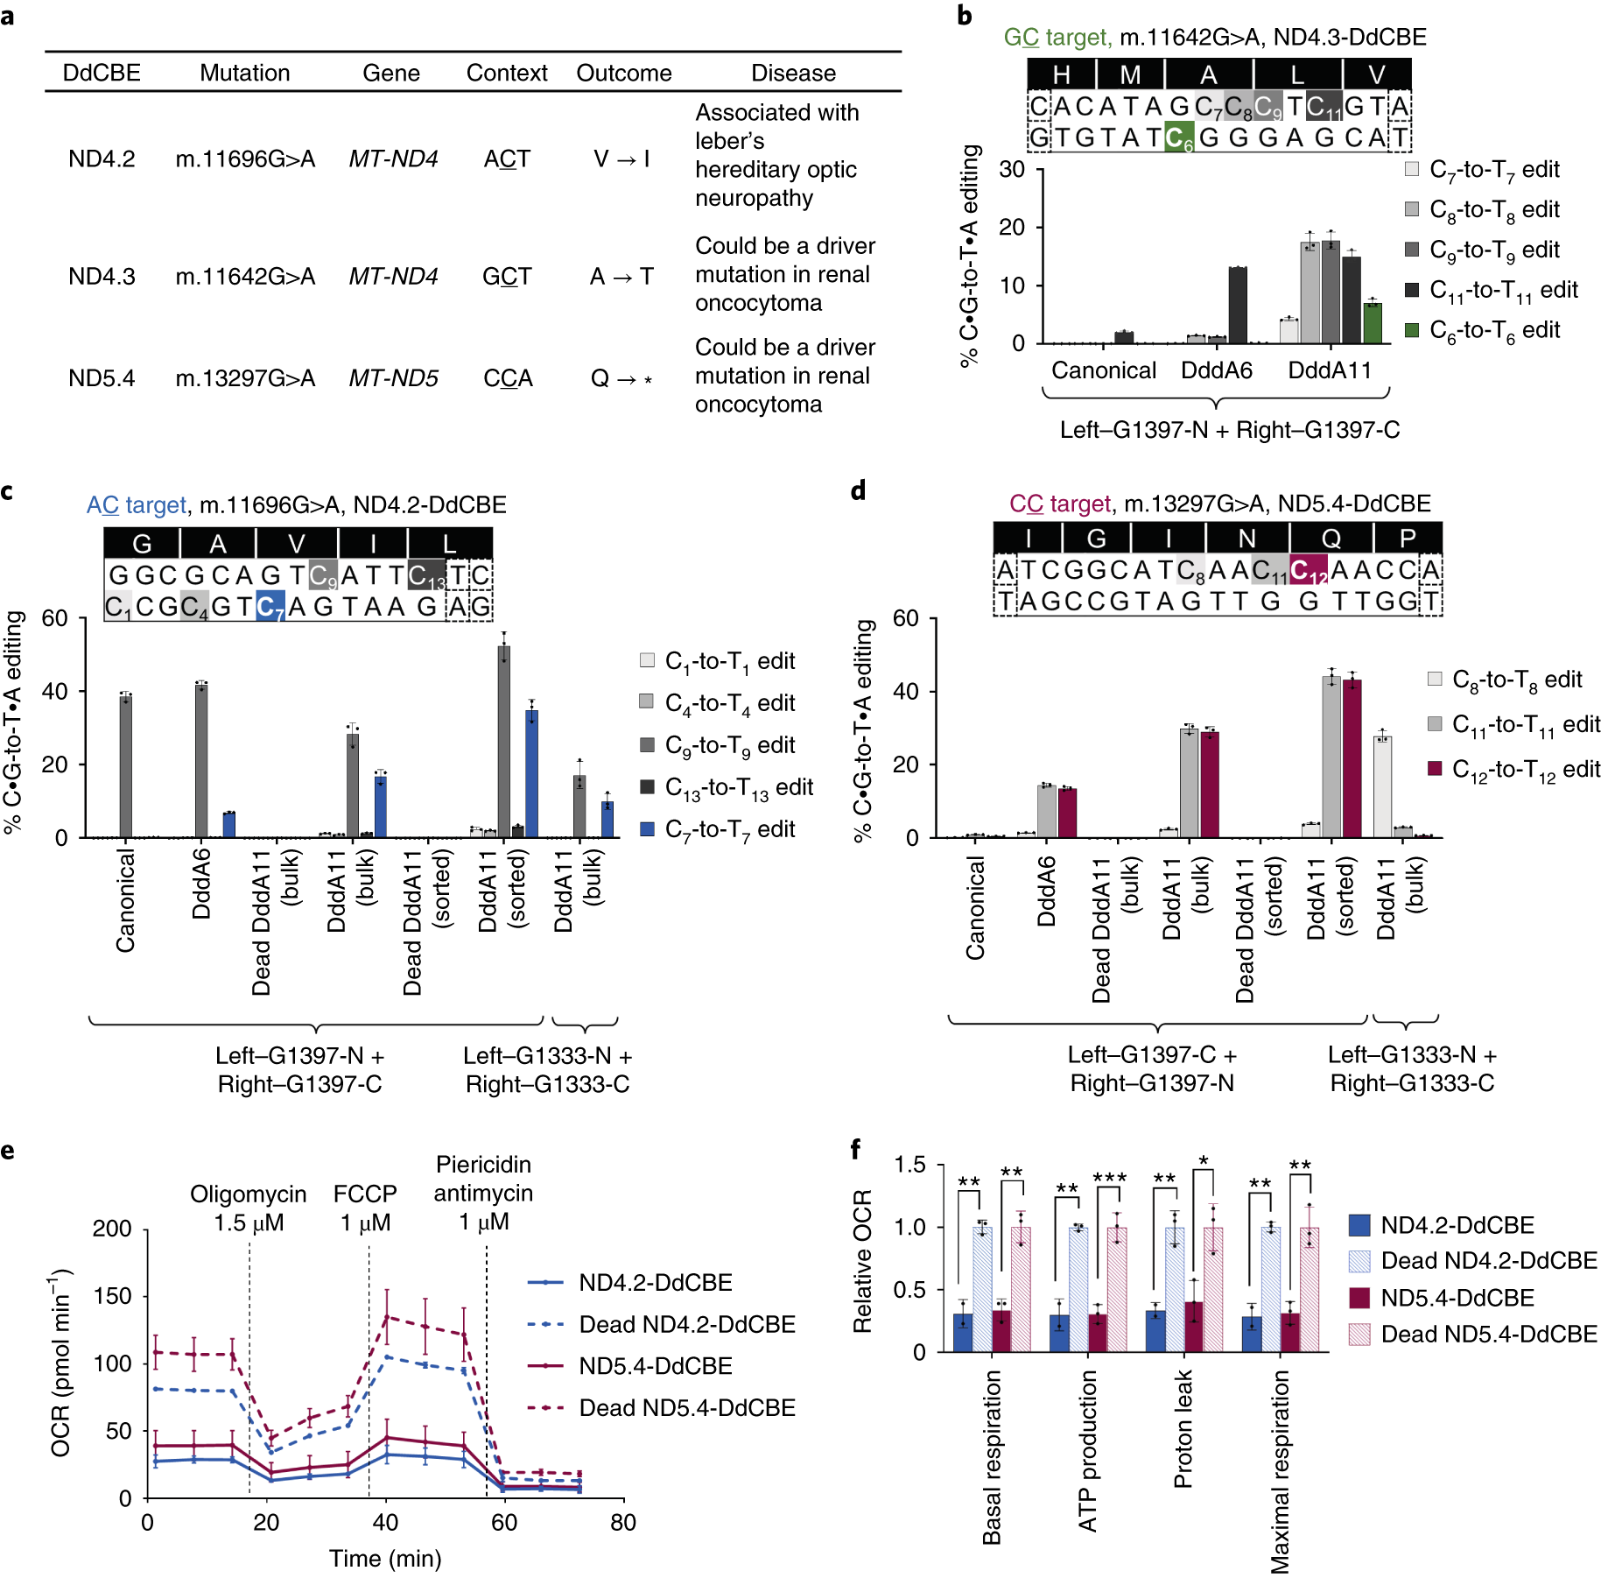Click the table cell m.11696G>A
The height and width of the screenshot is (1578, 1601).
245,159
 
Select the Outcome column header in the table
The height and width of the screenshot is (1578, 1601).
623,73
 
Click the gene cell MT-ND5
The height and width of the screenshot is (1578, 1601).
393,378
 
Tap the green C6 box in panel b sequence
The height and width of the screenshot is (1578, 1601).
1179,137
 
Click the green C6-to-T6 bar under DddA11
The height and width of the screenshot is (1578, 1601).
1372,322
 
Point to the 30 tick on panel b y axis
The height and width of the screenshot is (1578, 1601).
1012,169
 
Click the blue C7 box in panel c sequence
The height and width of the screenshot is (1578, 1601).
270,606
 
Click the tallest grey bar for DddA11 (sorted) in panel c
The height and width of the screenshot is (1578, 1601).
503,743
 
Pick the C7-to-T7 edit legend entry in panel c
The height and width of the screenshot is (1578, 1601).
718,829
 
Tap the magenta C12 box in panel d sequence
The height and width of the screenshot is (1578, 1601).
1308,570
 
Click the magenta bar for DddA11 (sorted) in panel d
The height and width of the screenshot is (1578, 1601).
1352,758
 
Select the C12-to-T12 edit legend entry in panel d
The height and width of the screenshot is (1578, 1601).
1513,769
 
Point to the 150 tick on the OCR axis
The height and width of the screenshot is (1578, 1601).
112,1296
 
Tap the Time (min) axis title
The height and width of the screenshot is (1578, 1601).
385,1558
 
